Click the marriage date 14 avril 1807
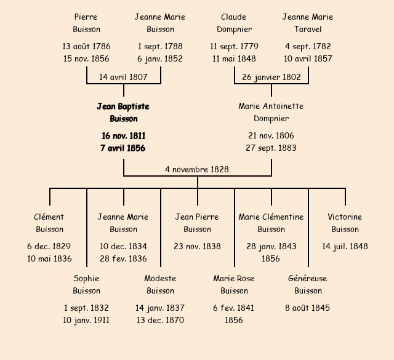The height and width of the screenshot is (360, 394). pos(124,78)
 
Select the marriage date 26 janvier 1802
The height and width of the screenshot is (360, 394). pos(271,78)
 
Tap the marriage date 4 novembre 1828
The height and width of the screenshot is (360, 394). pos(197,169)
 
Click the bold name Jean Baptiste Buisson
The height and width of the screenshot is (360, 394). pos(123,113)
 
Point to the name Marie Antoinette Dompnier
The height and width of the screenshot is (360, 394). pos(271,113)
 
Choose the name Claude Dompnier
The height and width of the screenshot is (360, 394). pos(234,23)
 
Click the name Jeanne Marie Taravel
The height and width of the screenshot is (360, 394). pos(308,23)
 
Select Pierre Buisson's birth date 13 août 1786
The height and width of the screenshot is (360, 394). pos(86,46)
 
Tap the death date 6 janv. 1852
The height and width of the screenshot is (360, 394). pos(160,59)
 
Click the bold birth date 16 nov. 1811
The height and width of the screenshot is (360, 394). pos(123,135)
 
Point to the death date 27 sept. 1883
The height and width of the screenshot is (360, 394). pos(271,148)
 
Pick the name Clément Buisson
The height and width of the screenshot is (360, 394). pos(49,223)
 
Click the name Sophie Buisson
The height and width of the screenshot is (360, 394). pos(86,284)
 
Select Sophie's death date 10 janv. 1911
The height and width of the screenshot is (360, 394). pos(86,320)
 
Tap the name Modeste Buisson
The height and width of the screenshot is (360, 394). pos(160,284)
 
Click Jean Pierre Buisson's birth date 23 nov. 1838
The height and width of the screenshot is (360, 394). pos(197,246)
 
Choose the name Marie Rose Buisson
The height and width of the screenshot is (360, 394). pos(234,284)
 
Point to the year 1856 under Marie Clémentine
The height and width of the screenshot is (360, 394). pos(271,258)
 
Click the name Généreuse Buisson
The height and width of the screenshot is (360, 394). pos(308,284)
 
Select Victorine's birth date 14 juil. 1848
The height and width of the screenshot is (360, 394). pos(345,246)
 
